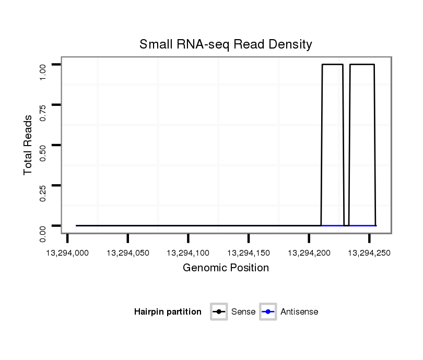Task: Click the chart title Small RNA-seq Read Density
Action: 226,44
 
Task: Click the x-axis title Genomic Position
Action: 226,268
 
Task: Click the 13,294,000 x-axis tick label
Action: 67,253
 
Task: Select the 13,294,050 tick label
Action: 128,253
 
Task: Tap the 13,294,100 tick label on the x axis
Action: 188,253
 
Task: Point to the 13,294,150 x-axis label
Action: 249,253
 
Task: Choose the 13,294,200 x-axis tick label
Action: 309,253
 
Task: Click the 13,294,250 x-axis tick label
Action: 369,253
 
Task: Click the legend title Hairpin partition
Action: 168,312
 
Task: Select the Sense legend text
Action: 243,312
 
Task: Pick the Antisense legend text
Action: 299,312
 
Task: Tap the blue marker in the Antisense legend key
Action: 268,312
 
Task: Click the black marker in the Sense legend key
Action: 219,312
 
